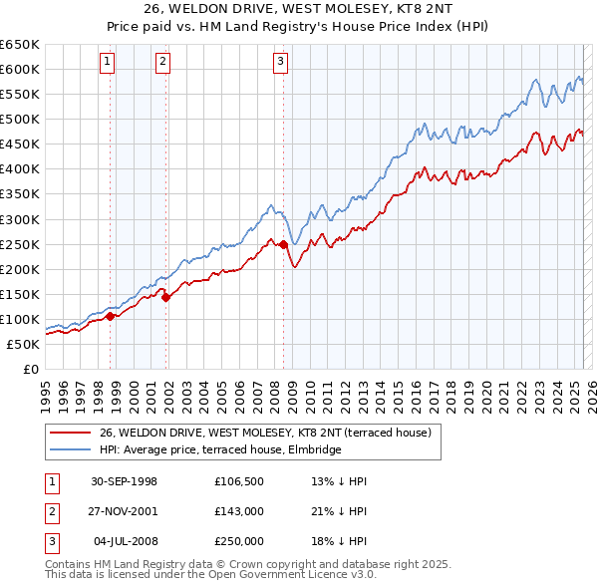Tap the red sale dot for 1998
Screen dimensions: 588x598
(x=111, y=316)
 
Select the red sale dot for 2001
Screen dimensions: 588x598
(x=166, y=297)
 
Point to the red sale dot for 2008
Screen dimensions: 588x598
(x=284, y=244)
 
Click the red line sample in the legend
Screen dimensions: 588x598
(x=70, y=433)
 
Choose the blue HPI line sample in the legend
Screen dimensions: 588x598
(x=70, y=449)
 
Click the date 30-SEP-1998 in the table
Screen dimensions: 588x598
(x=124, y=480)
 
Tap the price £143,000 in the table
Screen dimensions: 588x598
(x=239, y=511)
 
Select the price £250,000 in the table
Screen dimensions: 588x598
(x=239, y=542)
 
